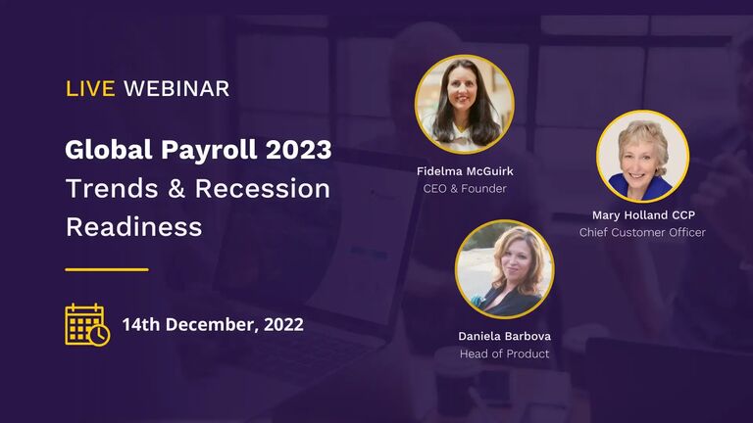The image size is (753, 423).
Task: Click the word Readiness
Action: [133, 227]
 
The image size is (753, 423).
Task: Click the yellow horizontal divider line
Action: [107, 269]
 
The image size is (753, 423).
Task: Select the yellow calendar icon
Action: [87, 324]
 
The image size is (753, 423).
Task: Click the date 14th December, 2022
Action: [213, 325]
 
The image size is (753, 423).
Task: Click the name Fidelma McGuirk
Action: [465, 171]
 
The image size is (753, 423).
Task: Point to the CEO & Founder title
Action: [465, 188]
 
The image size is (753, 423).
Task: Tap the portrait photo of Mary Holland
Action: [642, 156]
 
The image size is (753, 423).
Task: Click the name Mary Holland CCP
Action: [642, 215]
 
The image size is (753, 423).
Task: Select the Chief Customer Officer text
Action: [642, 232]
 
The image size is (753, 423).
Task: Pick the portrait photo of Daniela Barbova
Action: [504, 269]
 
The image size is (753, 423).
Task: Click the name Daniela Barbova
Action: [504, 336]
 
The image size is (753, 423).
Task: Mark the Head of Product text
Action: [504, 353]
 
